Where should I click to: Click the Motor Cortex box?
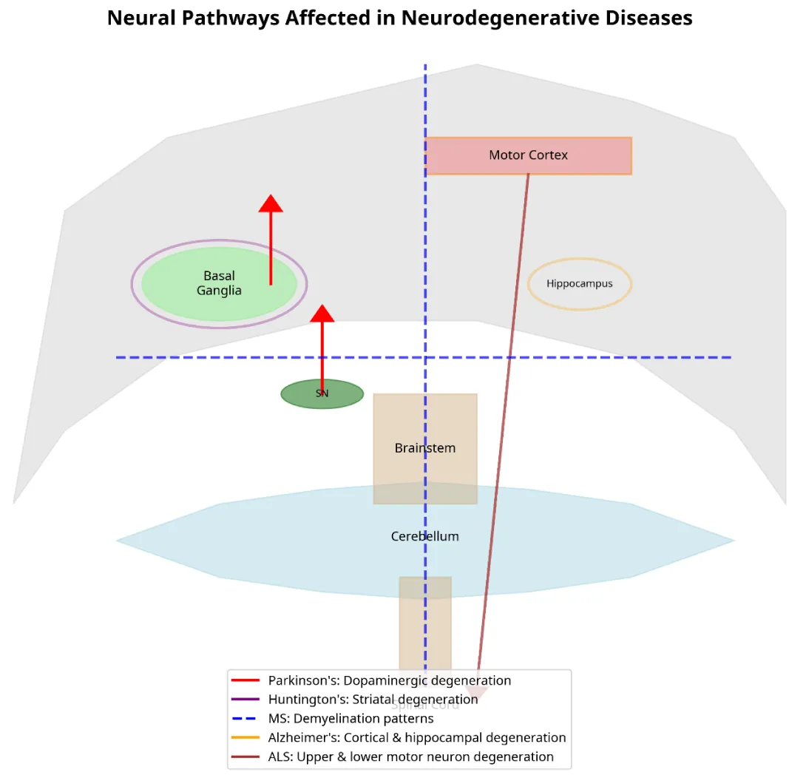(x=528, y=155)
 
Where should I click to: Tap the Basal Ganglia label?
(x=219, y=283)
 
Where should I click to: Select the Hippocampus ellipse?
(x=580, y=284)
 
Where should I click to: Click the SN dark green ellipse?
(x=322, y=394)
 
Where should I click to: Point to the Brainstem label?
(x=425, y=448)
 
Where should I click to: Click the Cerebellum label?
(x=425, y=536)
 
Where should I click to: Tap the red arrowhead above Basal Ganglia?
(x=271, y=203)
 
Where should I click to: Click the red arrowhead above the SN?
(x=322, y=314)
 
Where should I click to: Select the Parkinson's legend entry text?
(x=390, y=680)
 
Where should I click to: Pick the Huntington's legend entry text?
(x=373, y=700)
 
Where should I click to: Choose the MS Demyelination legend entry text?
(x=351, y=719)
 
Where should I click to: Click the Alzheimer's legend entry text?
(x=417, y=738)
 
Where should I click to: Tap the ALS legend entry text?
(x=411, y=757)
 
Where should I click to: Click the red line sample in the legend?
(x=245, y=680)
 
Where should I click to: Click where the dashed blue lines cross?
(x=425, y=358)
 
